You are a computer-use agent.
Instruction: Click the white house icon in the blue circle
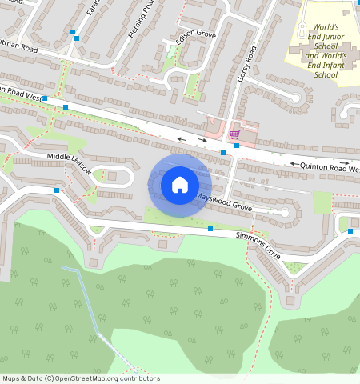coord(180,185)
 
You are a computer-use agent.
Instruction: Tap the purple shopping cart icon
coord(234,134)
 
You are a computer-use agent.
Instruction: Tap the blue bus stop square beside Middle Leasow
coord(56,190)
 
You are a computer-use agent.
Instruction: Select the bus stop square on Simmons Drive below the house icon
coord(210,230)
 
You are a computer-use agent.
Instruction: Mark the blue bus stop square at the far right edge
coord(350,230)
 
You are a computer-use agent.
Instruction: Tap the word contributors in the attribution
coord(140,378)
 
